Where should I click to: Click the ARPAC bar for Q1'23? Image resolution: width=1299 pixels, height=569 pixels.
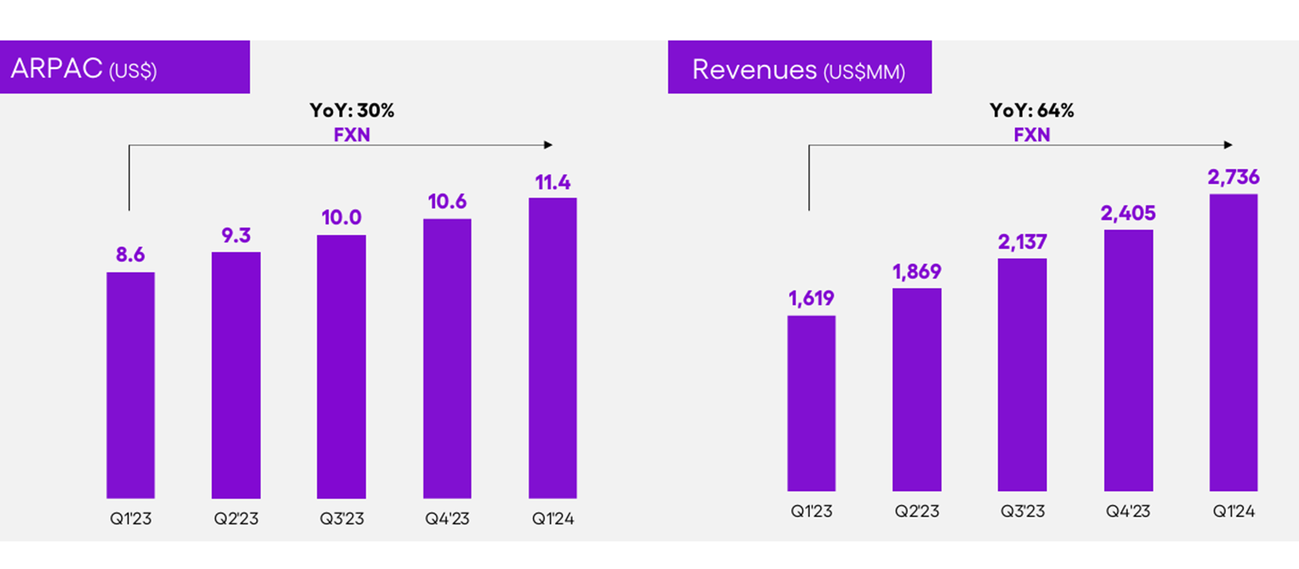[x=131, y=385]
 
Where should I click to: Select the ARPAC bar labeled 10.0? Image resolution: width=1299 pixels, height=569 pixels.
[x=341, y=367]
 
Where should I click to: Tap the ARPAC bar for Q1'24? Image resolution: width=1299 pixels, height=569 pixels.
[x=553, y=348]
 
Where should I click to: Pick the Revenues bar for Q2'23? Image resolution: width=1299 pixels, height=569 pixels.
[x=917, y=390]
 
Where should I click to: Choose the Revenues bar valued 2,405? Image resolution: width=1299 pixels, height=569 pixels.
[x=1128, y=360]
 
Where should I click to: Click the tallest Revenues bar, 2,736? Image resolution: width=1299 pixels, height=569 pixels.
[x=1233, y=343]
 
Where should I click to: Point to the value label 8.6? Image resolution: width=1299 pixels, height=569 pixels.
[x=131, y=255]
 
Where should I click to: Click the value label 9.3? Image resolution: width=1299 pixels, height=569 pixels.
[x=236, y=236]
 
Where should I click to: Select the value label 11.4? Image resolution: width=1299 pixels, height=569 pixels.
[x=553, y=183]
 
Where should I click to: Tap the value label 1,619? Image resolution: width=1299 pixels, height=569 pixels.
[x=811, y=299]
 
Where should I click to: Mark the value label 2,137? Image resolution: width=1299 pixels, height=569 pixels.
[x=1022, y=243]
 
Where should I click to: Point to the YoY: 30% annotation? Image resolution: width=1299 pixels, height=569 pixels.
[x=352, y=111]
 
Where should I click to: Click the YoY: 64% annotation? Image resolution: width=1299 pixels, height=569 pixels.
[x=1032, y=111]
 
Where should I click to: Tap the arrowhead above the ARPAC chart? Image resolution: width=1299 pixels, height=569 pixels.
[x=548, y=145]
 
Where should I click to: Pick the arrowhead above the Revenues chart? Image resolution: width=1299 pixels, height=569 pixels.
[x=1228, y=145]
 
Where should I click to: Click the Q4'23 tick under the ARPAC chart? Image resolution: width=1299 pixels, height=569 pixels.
[x=447, y=519]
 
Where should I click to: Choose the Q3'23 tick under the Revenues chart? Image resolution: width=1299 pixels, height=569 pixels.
[x=1022, y=511]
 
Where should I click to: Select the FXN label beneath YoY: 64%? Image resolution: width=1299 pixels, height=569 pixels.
[x=1032, y=135]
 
